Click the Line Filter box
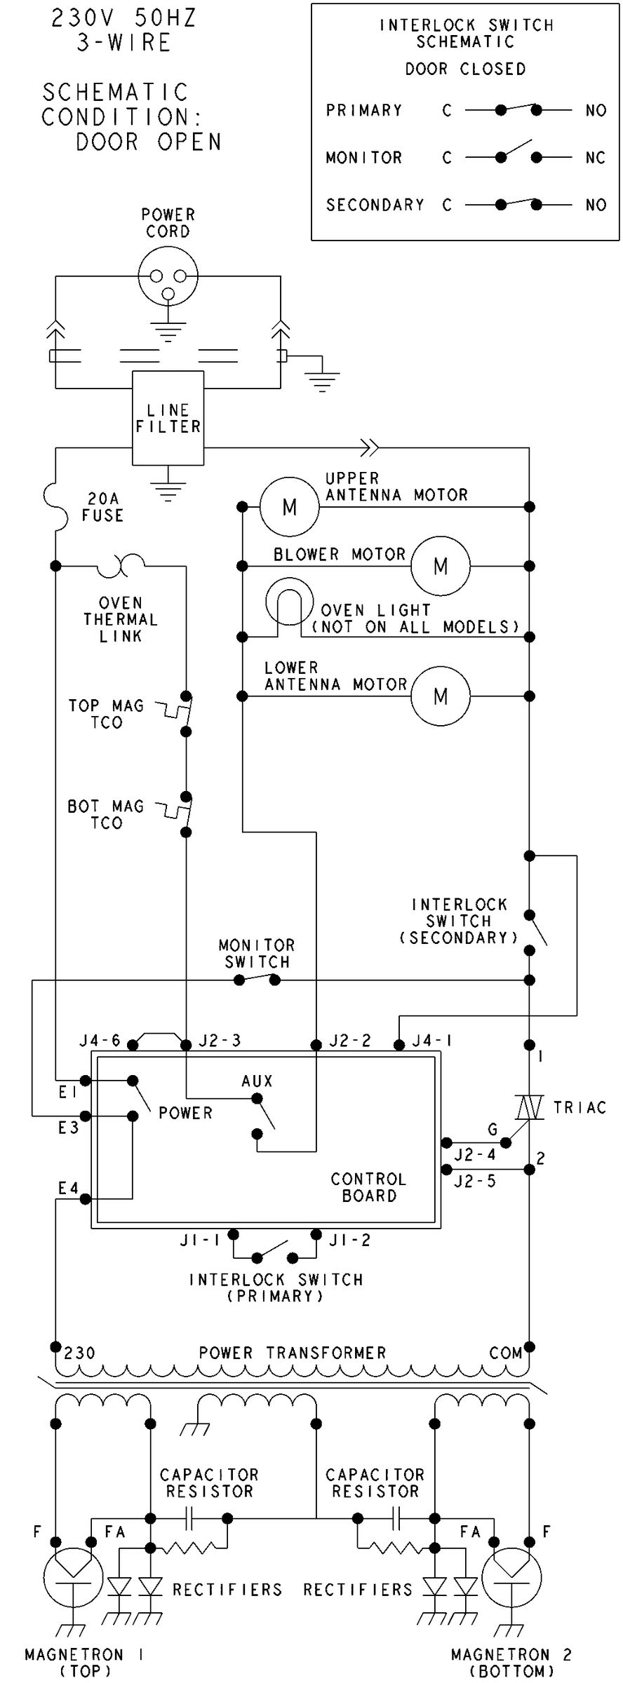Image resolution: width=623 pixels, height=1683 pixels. (x=168, y=418)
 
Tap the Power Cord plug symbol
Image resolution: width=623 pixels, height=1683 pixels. (x=168, y=276)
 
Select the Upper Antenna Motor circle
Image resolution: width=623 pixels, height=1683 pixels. (x=289, y=506)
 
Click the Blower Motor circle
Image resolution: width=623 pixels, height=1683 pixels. (x=441, y=566)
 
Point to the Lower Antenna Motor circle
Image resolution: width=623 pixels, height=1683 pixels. (x=441, y=696)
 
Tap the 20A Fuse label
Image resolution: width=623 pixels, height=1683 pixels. (x=102, y=507)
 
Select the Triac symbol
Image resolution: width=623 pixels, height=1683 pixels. (x=529, y=1108)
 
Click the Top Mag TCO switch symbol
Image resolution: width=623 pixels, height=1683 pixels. (x=180, y=713)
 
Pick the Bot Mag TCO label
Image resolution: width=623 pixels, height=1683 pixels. (x=105, y=815)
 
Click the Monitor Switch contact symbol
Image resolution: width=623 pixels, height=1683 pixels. (x=257, y=980)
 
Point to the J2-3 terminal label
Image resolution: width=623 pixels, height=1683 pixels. (x=220, y=1041)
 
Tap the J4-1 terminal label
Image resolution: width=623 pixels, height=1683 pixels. (x=431, y=1041)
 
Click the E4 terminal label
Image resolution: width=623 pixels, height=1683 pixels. (x=68, y=1188)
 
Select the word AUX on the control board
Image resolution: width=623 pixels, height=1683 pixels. (x=257, y=1081)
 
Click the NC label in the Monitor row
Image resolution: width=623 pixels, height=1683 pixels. (x=595, y=158)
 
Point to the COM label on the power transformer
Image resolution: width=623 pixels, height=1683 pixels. (x=506, y=1353)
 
